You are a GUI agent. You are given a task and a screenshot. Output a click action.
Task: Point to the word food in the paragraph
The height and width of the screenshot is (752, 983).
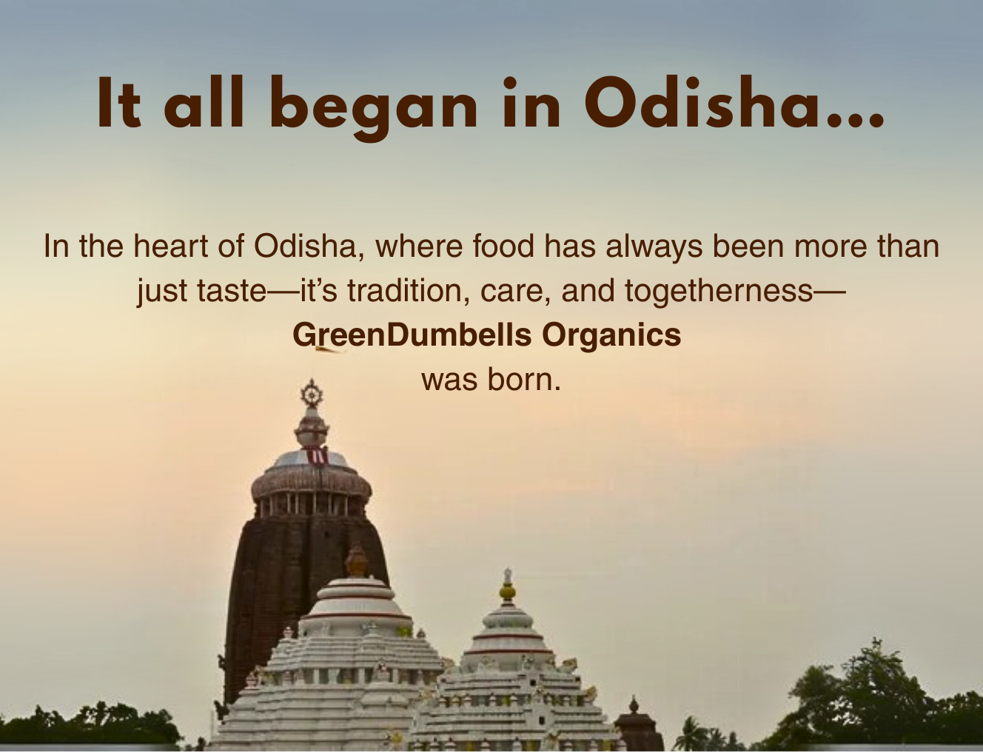[x=503, y=246]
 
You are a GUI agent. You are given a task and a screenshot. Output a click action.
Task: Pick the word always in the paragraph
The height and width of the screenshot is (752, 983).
[x=654, y=247]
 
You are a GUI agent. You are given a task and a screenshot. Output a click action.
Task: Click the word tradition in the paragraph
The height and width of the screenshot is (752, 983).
[x=409, y=290]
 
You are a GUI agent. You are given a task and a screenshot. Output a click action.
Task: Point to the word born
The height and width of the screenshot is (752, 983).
[x=524, y=380]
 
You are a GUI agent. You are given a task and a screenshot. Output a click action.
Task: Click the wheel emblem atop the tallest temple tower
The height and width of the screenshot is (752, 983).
[x=312, y=394]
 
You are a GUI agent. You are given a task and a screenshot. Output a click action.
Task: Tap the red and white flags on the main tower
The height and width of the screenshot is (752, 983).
[x=318, y=456]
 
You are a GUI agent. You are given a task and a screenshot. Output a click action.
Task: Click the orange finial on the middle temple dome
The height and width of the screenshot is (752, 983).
[x=357, y=562]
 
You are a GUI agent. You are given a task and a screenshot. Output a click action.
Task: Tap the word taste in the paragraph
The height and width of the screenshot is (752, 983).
[x=232, y=291]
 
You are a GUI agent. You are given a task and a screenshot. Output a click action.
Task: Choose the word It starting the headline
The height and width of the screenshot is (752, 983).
[x=119, y=102]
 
